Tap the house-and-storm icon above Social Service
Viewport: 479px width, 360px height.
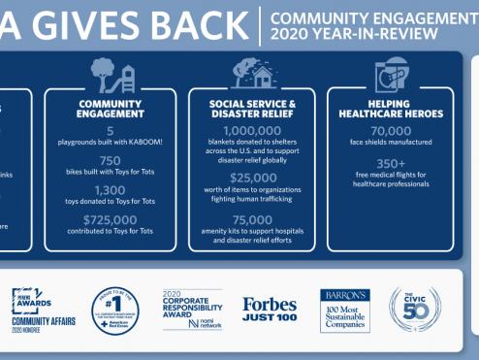click(x=251, y=74)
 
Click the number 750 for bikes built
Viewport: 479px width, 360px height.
click(x=110, y=161)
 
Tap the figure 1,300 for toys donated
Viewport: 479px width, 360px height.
click(x=110, y=190)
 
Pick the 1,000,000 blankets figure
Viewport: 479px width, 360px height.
click(x=252, y=132)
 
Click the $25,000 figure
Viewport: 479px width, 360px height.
click(x=252, y=178)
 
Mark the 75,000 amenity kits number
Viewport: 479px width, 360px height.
click(x=252, y=220)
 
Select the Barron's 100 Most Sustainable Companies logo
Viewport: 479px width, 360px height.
click(x=345, y=310)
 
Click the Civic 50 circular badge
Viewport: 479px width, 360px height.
click(x=415, y=310)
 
